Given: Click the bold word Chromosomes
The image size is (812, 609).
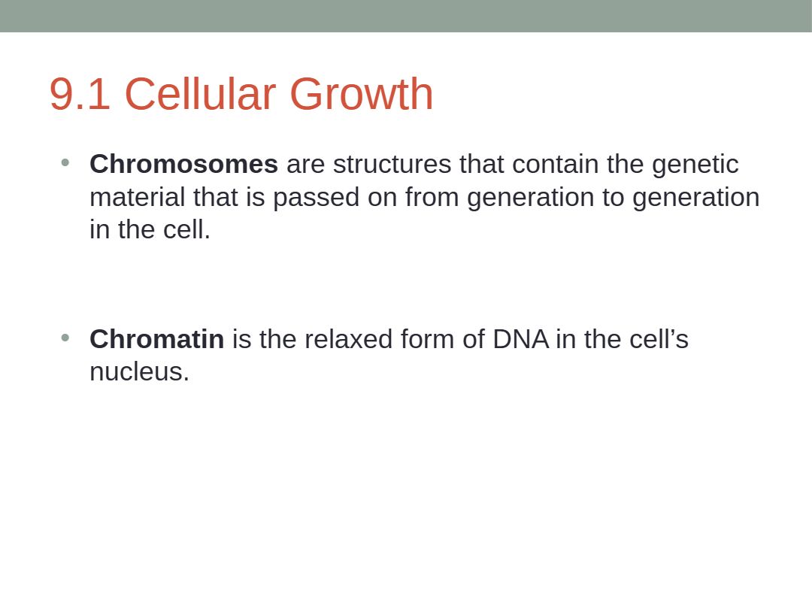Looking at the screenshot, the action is pos(184,164).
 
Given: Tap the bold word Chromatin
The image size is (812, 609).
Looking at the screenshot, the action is pos(157,339).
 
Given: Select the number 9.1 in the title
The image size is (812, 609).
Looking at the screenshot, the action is pos(80,94).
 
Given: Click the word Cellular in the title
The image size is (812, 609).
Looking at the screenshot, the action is pos(200,93).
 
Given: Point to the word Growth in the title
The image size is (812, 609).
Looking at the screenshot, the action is pos(362,93).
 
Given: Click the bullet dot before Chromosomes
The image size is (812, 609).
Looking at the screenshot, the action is pos(65,162).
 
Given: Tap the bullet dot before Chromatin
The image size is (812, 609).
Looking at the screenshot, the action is pos(65,338).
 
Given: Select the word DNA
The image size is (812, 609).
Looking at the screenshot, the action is pos(520,339).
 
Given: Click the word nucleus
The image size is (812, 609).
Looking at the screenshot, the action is pos(140,372).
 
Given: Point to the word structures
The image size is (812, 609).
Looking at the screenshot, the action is pos(392,164).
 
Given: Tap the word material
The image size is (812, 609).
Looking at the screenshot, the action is pos(138,197).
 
